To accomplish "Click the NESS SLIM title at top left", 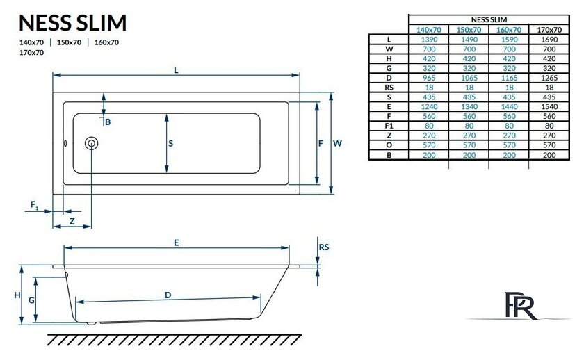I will click(x=72, y=23).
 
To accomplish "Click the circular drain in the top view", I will click(x=91, y=144).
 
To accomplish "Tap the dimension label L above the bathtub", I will click(x=177, y=70).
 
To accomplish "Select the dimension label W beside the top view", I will click(x=336, y=143).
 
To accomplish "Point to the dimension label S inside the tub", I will click(x=171, y=143).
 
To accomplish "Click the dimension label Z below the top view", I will click(x=72, y=221).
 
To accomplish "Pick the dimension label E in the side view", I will click(x=177, y=243).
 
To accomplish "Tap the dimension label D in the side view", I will click(x=168, y=295).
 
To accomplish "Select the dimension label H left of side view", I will click(x=17, y=295).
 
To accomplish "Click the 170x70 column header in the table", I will click(x=549, y=30).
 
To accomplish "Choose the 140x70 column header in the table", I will click(x=428, y=30).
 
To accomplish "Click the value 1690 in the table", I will click(x=549, y=40).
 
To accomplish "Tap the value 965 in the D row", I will click(x=428, y=79).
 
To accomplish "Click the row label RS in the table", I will click(x=389, y=88).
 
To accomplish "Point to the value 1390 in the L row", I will click(x=428, y=40).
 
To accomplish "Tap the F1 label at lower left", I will click(x=33, y=204).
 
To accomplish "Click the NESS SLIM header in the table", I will click(x=488, y=20).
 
